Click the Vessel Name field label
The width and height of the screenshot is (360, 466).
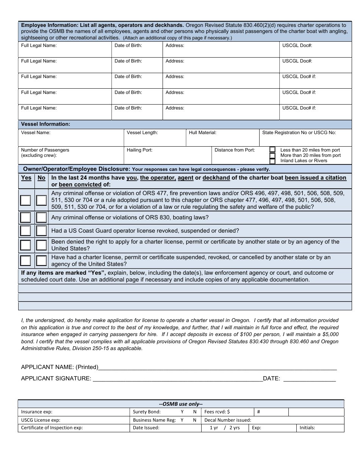[36, 133]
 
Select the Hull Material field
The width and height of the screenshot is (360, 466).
[222, 138]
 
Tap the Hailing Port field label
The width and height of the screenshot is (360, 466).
[139, 150]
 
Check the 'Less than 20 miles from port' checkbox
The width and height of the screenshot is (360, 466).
[272, 150]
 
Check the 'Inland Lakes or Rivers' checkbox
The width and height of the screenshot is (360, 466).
[272, 161]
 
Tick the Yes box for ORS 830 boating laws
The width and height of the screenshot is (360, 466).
[25, 217]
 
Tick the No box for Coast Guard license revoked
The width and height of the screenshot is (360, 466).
[41, 231]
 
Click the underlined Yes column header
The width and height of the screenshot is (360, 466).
[26, 178]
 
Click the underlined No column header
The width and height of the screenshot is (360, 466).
[41, 178]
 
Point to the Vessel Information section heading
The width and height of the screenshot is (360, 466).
[45, 124]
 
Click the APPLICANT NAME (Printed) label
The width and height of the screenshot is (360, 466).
[59, 367]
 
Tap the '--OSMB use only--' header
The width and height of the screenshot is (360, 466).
[181, 404]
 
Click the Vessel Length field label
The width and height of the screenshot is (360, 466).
[142, 133]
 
